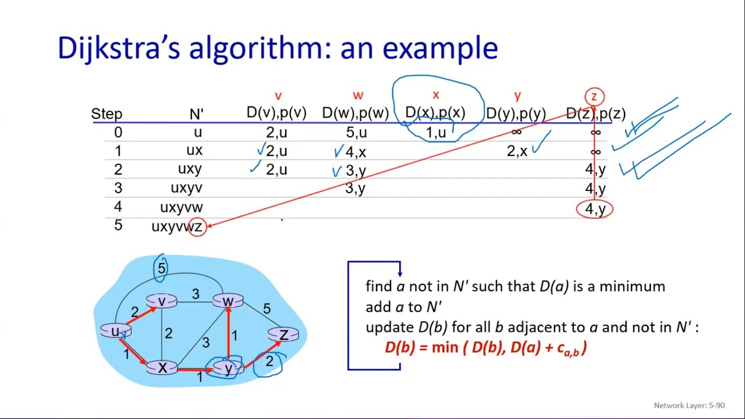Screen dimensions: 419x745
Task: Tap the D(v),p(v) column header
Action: [276, 113]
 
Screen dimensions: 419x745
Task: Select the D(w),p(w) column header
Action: [355, 113]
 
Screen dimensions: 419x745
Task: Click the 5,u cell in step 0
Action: [356, 133]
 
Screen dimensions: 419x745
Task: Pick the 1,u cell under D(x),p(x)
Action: [436, 133]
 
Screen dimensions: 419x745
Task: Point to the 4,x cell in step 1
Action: [356, 152]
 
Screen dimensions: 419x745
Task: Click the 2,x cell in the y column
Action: [516, 151]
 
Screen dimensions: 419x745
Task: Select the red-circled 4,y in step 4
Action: [595, 208]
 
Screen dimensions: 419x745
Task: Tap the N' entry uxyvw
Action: [182, 207]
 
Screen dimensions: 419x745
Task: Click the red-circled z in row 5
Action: [197, 227]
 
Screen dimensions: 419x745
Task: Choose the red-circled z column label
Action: [594, 97]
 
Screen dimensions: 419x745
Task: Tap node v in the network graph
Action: [162, 301]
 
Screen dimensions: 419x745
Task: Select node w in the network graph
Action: [228, 301]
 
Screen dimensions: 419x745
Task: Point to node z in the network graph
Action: [283, 335]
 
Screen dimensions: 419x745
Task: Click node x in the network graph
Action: [162, 367]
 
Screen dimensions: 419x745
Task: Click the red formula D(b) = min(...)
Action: [485, 348]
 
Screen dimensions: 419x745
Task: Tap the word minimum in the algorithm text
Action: [632, 286]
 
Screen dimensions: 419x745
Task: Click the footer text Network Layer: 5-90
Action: [689, 406]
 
